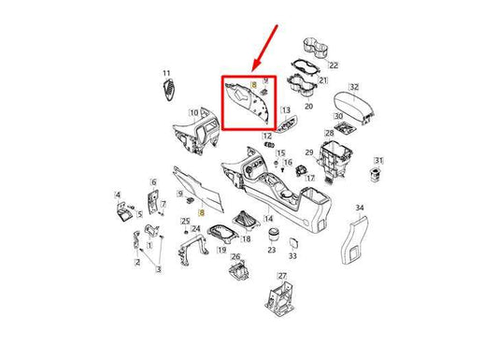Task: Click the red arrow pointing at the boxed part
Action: [x=264, y=48]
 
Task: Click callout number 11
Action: [x=166, y=74]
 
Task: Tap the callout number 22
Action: [x=334, y=65]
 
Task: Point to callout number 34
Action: [x=360, y=209]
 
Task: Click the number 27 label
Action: [x=282, y=276]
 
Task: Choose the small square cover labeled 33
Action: [x=293, y=243]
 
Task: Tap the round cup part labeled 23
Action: [x=273, y=236]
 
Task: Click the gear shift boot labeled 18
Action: [x=246, y=220]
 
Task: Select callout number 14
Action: [x=269, y=219]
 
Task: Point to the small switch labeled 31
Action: [x=377, y=174]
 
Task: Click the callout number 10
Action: [x=193, y=113]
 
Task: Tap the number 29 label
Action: [x=309, y=152]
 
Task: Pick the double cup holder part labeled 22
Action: [x=316, y=48]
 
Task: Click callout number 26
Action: [x=235, y=257]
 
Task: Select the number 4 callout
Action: [x=118, y=194]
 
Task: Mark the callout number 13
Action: [x=286, y=110]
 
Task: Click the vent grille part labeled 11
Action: [x=169, y=90]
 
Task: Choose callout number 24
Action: [x=196, y=229]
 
